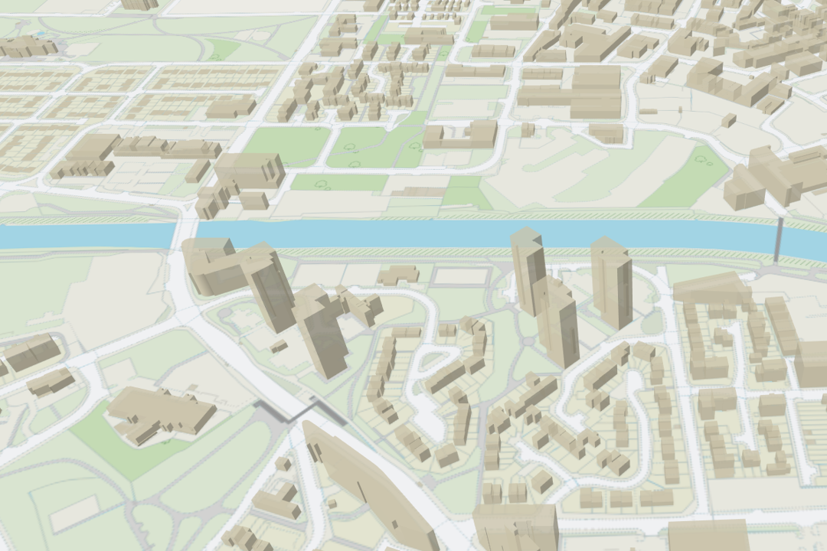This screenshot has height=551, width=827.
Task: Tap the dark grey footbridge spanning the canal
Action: [778, 241]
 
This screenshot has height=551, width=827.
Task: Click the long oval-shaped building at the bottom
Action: [368, 482]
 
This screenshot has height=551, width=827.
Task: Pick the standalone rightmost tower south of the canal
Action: [611, 283]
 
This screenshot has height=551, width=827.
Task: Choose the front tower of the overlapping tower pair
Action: [557, 321]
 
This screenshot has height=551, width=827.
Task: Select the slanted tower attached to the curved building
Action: [270, 287]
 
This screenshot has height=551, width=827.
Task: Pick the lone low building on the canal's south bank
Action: [398, 275]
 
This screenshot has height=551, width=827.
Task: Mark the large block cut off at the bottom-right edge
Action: [708, 535]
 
